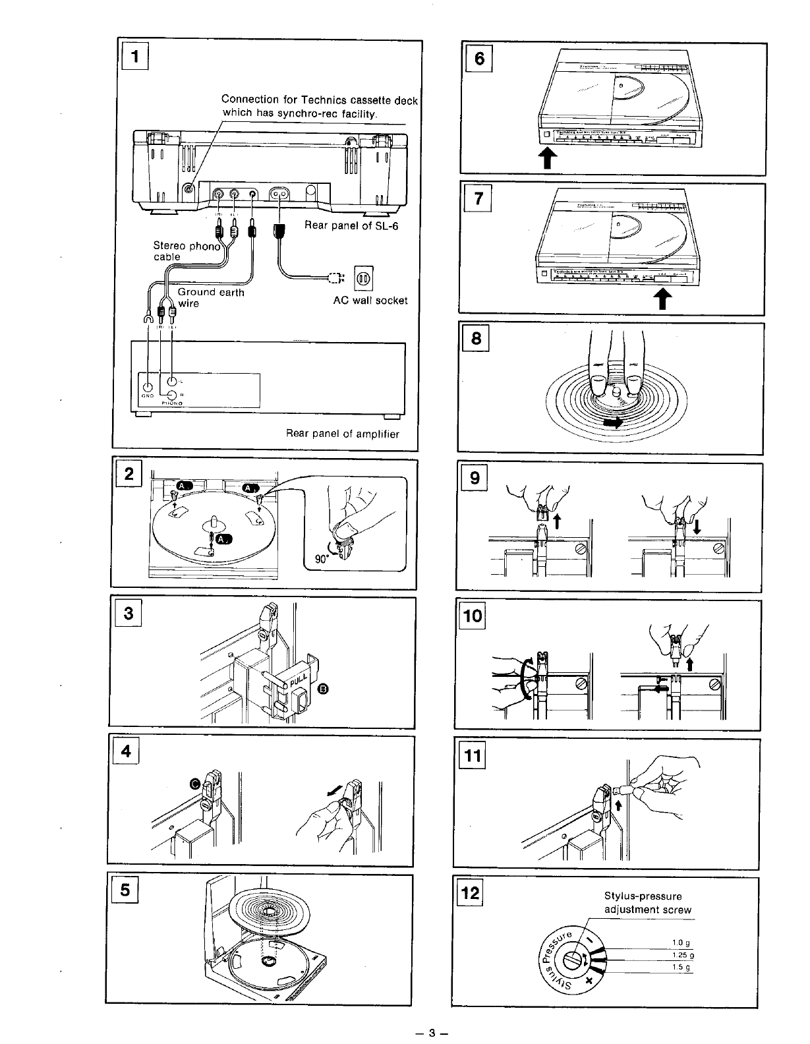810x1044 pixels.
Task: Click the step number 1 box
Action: pyautogui.click(x=135, y=57)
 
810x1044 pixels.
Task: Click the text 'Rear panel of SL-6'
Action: pyautogui.click(x=352, y=226)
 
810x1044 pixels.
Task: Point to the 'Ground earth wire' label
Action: pyautogui.click(x=211, y=297)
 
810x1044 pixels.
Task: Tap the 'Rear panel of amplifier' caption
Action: pyautogui.click(x=342, y=434)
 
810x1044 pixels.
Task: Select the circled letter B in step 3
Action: pyautogui.click(x=323, y=689)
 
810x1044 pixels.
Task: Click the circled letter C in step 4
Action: pyautogui.click(x=195, y=783)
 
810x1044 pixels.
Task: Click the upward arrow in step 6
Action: pyautogui.click(x=547, y=158)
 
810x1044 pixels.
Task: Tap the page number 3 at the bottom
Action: pyautogui.click(x=432, y=1033)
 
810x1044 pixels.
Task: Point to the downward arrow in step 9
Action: pyautogui.click(x=696, y=525)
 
